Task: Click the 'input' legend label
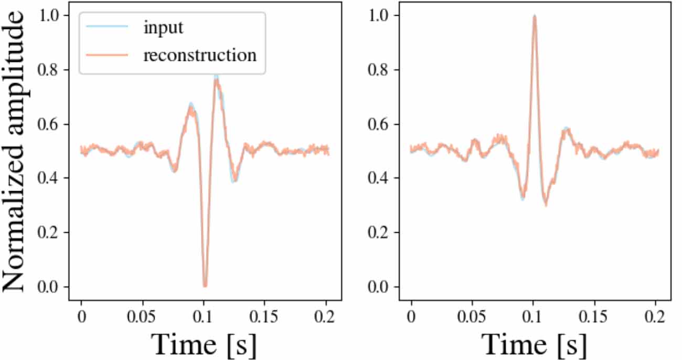coord(163,28)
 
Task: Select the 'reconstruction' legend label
coord(200,55)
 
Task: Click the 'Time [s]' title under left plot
coord(205,344)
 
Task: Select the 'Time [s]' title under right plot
coord(534,344)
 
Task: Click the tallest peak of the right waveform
coord(534,16)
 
